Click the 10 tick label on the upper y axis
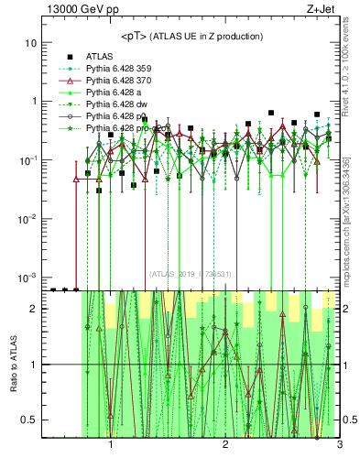coord(30,43)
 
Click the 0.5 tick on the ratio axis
coord(29,420)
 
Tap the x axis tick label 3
coord(339,445)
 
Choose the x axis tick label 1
coord(111,445)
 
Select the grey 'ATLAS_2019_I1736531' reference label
coord(191,273)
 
